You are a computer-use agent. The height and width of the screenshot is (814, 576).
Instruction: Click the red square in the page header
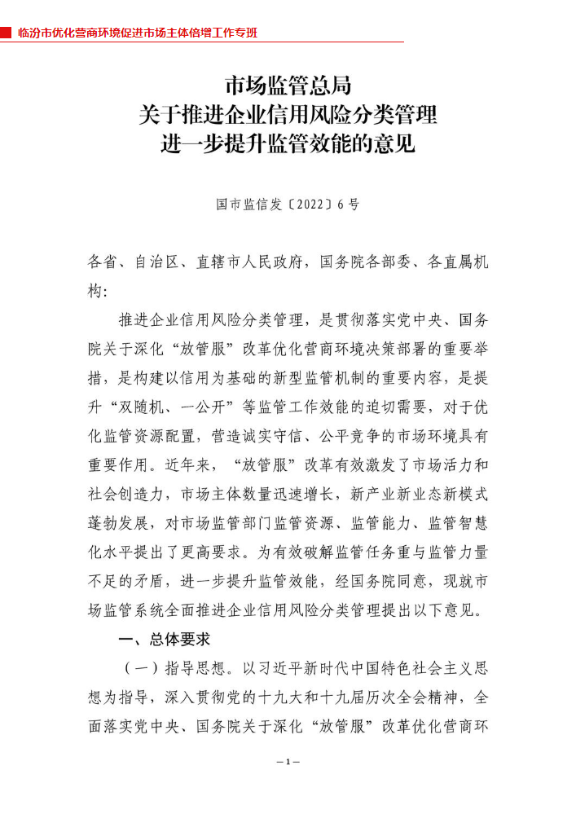[x=6, y=33]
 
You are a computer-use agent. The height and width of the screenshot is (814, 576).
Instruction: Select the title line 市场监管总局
[x=288, y=86]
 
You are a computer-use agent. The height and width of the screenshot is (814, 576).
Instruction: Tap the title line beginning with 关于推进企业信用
[x=288, y=115]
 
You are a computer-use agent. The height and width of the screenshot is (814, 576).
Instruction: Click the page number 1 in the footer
[x=288, y=762]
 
